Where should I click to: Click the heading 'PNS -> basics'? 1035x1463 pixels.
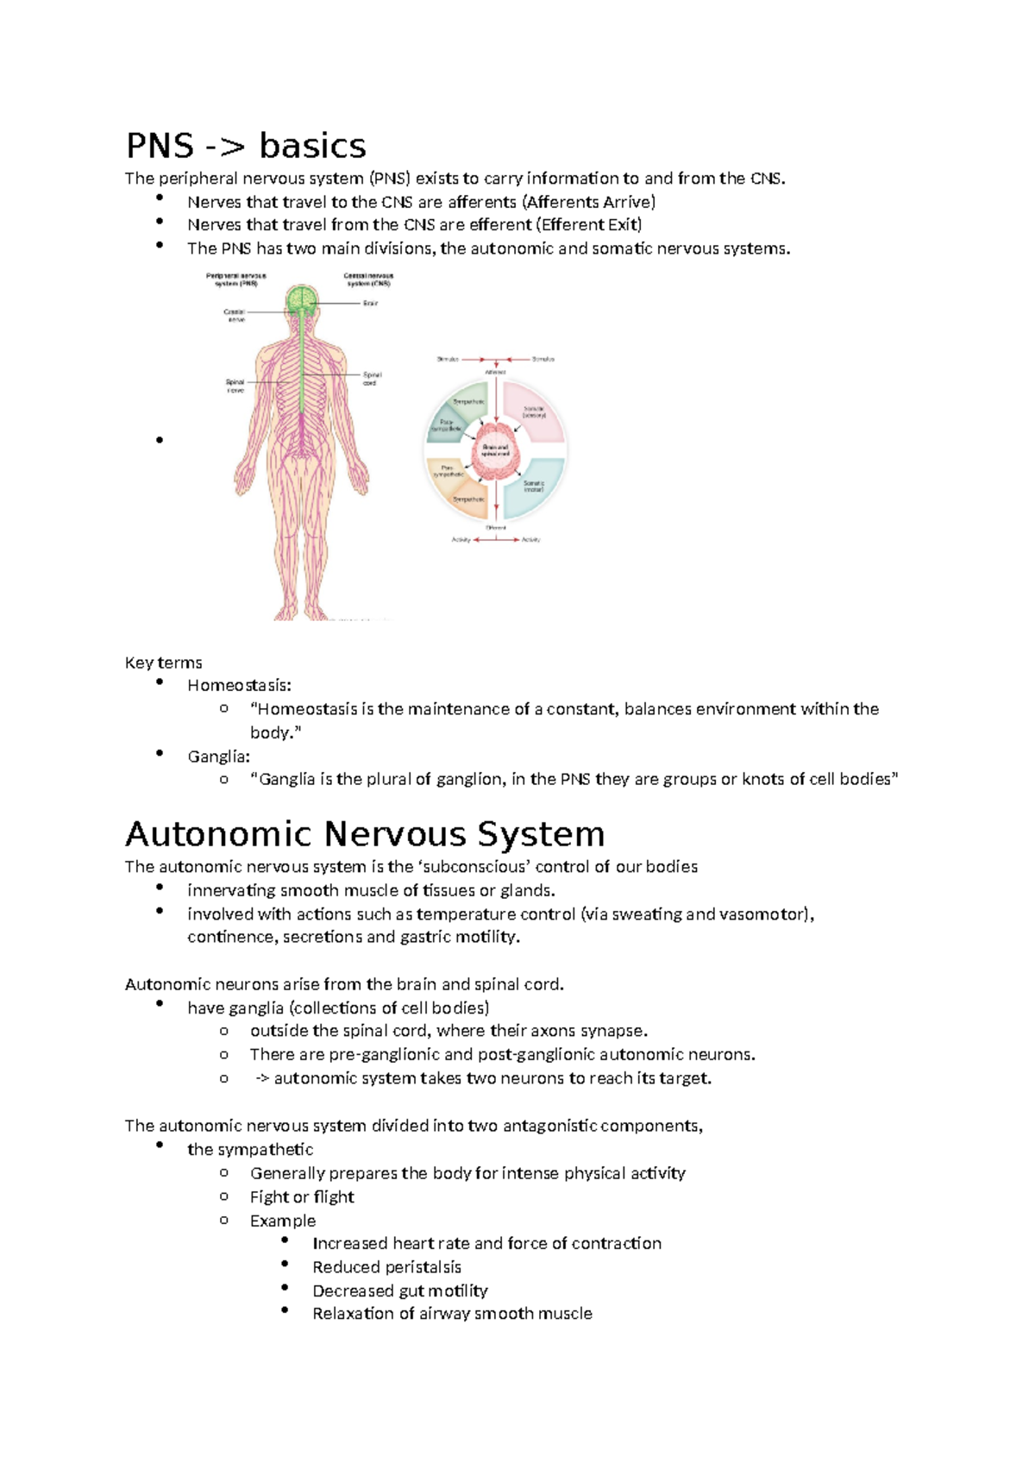(x=246, y=146)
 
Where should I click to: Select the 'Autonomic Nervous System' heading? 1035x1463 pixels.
(x=365, y=834)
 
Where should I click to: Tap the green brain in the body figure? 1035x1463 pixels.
(x=302, y=300)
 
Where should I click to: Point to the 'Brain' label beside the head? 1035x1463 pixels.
(x=370, y=304)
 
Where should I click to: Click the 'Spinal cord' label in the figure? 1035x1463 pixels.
(x=371, y=379)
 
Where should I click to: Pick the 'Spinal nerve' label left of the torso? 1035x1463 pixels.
(x=235, y=386)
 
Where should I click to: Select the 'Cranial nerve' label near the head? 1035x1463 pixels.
(x=235, y=315)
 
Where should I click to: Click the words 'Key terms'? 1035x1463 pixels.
(x=163, y=662)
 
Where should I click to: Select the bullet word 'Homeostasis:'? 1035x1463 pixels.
(x=239, y=686)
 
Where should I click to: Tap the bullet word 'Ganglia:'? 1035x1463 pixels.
(x=218, y=757)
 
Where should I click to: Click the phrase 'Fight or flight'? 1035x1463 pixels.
(x=302, y=1196)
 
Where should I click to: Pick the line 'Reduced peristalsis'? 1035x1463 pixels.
(x=386, y=1267)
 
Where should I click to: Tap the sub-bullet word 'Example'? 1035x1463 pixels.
(x=282, y=1221)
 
